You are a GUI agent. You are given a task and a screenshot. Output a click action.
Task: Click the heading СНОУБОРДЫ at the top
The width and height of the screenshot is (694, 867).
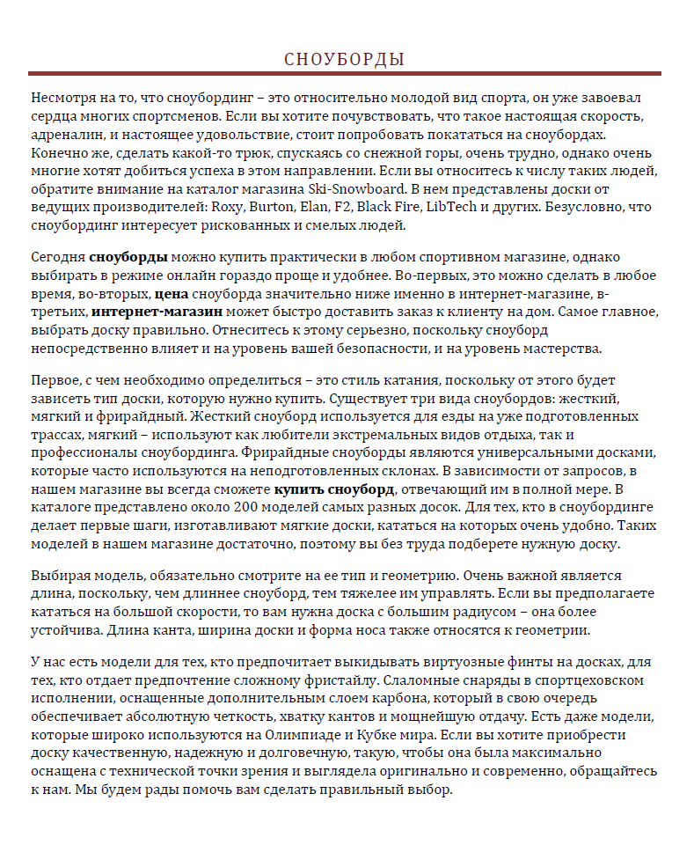coord(344,60)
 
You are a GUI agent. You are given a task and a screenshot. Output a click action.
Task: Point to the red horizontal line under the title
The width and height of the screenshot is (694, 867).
coord(344,73)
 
